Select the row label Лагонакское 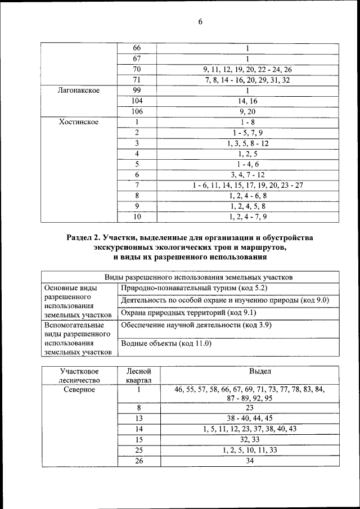coord(79,90)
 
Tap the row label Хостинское coord(79,121)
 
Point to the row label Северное coord(79,389)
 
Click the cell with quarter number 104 coord(137,101)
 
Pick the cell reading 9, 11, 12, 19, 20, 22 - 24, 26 coord(247,69)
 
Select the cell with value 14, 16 coord(247,101)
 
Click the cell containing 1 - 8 coord(247,121)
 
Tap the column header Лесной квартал coord(137,376)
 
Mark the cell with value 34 coord(248,461)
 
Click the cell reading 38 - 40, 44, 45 coord(248,418)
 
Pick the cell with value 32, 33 coord(248,439)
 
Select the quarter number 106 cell coord(137,111)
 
